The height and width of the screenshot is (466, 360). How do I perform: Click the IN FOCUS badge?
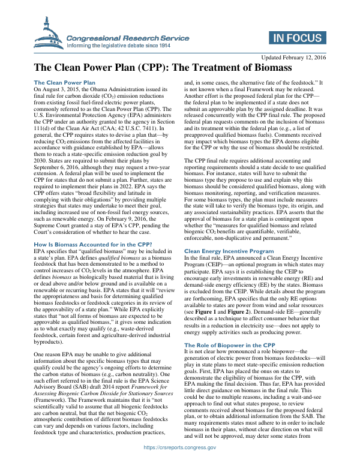tap(296, 40)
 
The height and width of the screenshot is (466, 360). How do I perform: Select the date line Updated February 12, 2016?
tap(292, 57)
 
